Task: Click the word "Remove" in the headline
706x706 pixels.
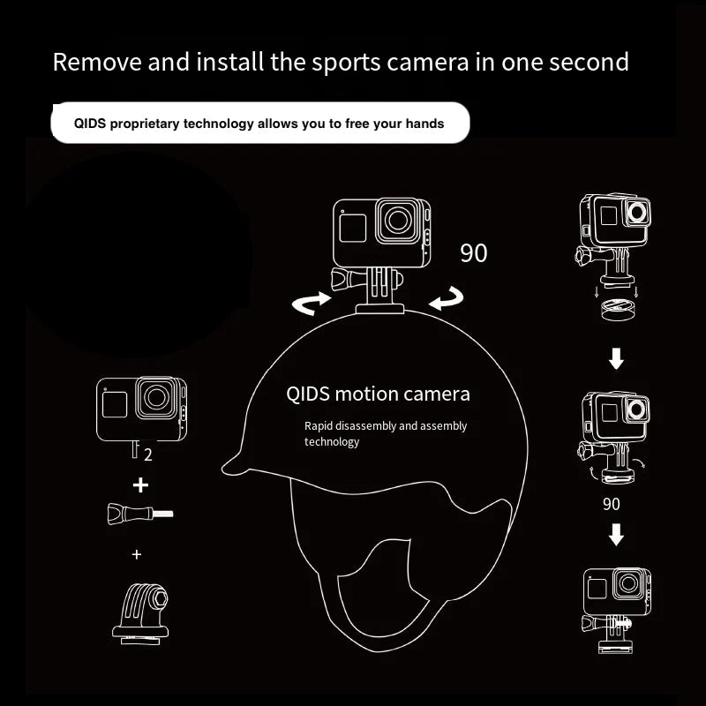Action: tap(97, 62)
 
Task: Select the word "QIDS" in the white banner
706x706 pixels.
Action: tap(90, 124)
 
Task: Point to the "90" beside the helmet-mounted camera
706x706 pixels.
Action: tap(474, 253)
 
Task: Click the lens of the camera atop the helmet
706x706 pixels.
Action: tap(398, 221)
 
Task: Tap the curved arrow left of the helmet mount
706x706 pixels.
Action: tap(312, 303)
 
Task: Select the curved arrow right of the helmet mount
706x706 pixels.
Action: tap(447, 298)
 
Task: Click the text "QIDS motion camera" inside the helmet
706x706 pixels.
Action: tap(379, 394)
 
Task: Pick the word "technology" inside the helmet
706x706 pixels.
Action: tap(332, 442)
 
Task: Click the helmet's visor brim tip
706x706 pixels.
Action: tap(224, 469)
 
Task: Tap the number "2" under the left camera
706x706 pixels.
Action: tap(148, 455)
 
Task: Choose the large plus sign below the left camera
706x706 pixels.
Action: tap(140, 485)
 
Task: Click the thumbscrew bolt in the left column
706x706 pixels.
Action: tap(140, 514)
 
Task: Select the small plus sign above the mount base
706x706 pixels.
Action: tap(137, 554)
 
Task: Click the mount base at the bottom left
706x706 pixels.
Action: tap(140, 613)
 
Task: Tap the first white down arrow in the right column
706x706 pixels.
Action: tap(616, 358)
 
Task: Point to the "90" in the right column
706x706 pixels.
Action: tap(612, 504)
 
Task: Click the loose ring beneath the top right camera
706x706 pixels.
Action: tap(619, 310)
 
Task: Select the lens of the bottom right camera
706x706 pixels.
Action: tap(628, 583)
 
